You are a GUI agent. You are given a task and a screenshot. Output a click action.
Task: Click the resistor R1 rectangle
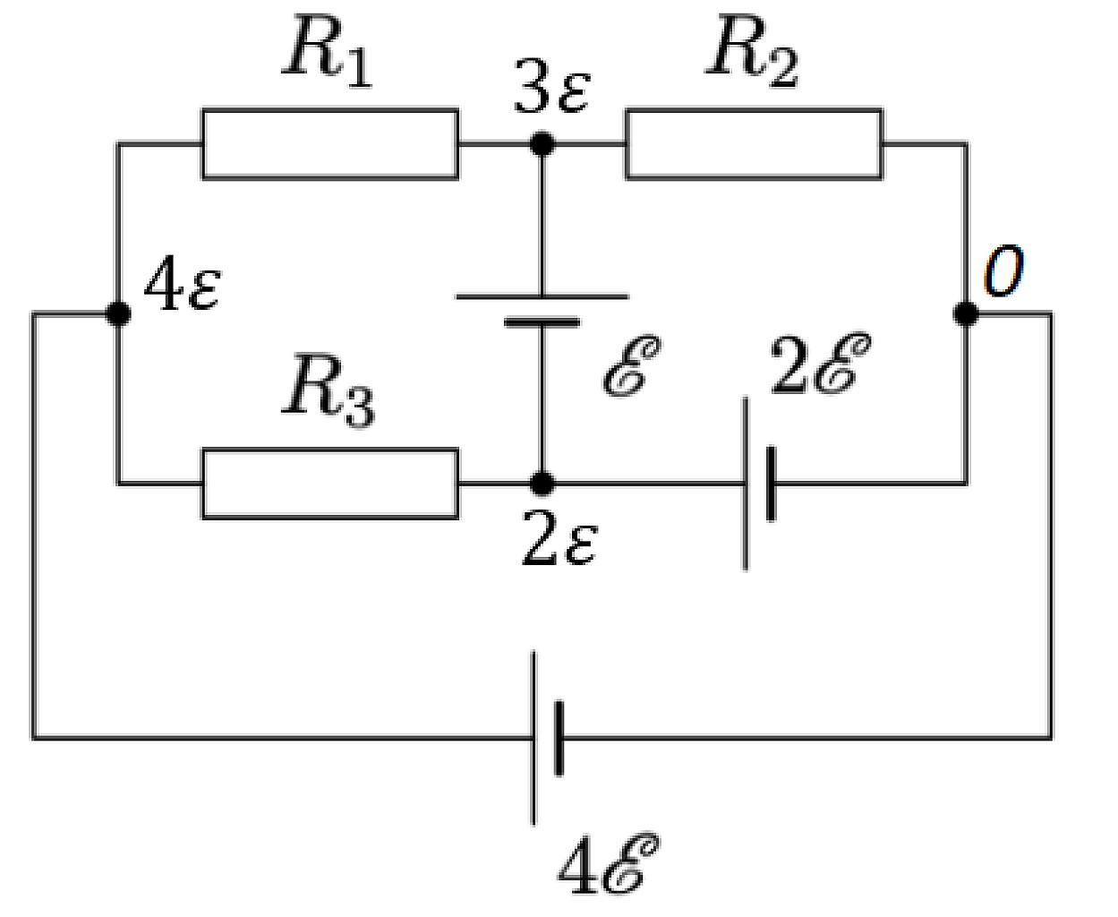(x=330, y=144)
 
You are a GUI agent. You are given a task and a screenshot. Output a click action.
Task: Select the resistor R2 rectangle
(x=754, y=144)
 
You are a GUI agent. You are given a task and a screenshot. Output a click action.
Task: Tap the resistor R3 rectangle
(x=330, y=484)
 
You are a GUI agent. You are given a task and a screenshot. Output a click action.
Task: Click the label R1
(x=327, y=51)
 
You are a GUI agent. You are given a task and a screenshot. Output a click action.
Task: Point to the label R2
(x=752, y=51)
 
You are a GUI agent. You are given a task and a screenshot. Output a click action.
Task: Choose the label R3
(x=329, y=390)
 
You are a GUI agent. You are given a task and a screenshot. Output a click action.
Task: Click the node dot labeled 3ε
(x=542, y=143)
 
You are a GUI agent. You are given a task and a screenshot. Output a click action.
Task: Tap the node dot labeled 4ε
(x=117, y=314)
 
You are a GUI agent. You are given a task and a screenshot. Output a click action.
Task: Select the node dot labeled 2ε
(x=542, y=484)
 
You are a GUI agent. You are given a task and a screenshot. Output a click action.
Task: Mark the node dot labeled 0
(x=965, y=314)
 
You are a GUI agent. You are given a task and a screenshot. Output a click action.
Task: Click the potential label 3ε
(x=552, y=87)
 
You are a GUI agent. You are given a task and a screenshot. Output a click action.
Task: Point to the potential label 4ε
(x=182, y=284)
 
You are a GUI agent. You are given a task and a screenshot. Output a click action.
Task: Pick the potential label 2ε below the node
(x=559, y=539)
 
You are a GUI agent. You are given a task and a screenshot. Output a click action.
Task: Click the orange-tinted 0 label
(x=1004, y=271)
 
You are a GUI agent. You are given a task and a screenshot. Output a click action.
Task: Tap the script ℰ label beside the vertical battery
(x=632, y=366)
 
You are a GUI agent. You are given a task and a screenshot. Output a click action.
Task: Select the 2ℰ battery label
(x=820, y=364)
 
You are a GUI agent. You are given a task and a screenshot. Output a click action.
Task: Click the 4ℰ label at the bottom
(x=609, y=865)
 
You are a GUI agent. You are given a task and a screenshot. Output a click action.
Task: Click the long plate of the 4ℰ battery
(x=533, y=738)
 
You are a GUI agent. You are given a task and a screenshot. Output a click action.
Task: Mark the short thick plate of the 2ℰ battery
(x=772, y=484)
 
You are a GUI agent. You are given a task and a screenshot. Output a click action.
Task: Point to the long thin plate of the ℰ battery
(x=542, y=297)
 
